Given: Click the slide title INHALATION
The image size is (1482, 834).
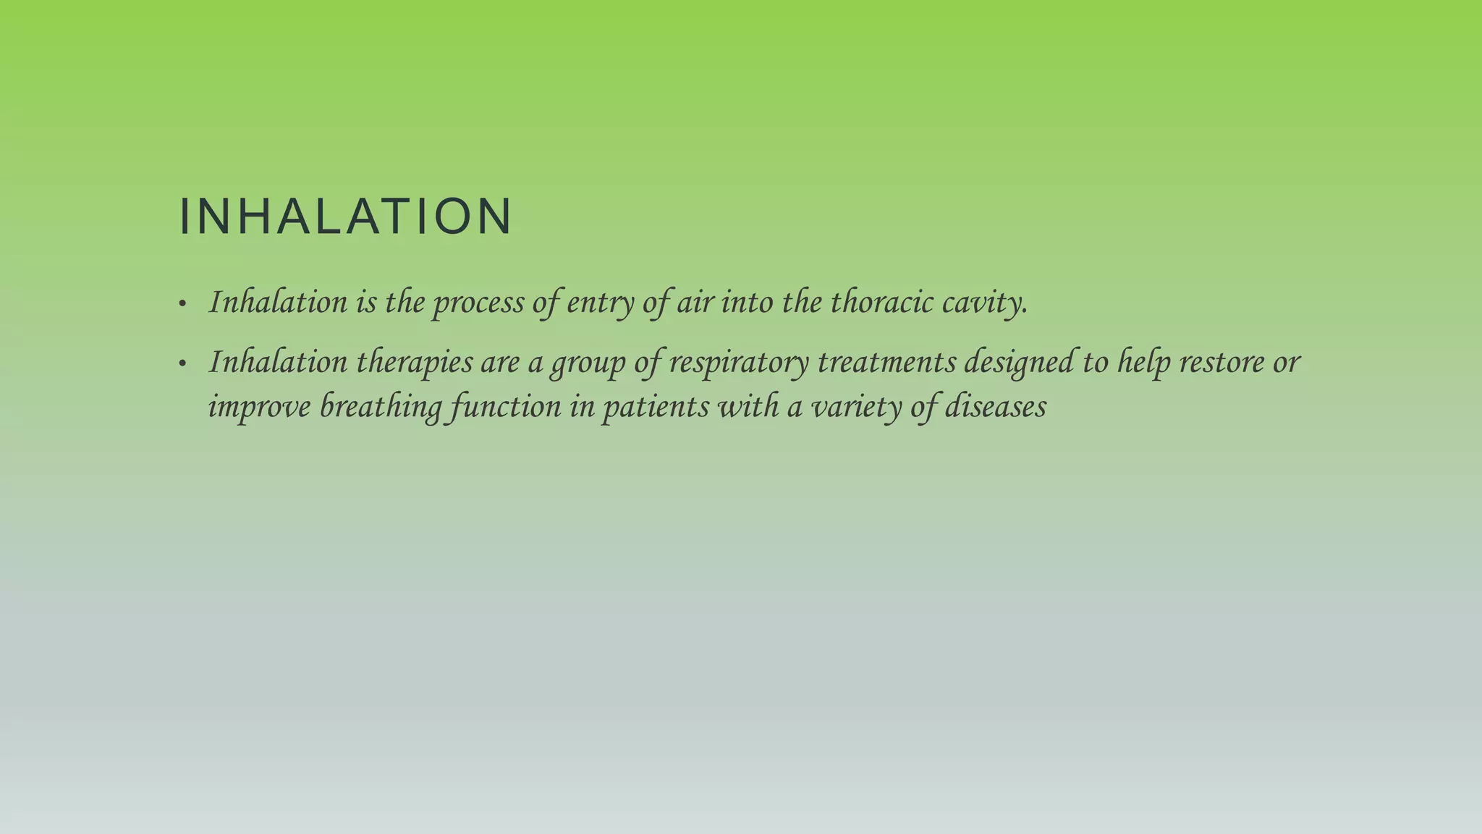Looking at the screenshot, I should pos(345,216).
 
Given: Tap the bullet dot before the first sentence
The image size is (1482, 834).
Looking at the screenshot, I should pos(182,304).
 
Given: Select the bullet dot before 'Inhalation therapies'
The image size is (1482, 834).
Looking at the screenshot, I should pos(182,363).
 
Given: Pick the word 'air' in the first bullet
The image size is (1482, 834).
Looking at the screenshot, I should pos(695,302).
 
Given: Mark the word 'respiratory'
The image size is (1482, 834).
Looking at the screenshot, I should pos(738,363).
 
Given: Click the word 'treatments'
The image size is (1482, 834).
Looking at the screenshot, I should pos(886,362).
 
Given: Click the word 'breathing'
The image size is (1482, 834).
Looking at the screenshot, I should pos(381,407).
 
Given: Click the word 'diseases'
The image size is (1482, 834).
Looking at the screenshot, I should pos(995,407).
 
